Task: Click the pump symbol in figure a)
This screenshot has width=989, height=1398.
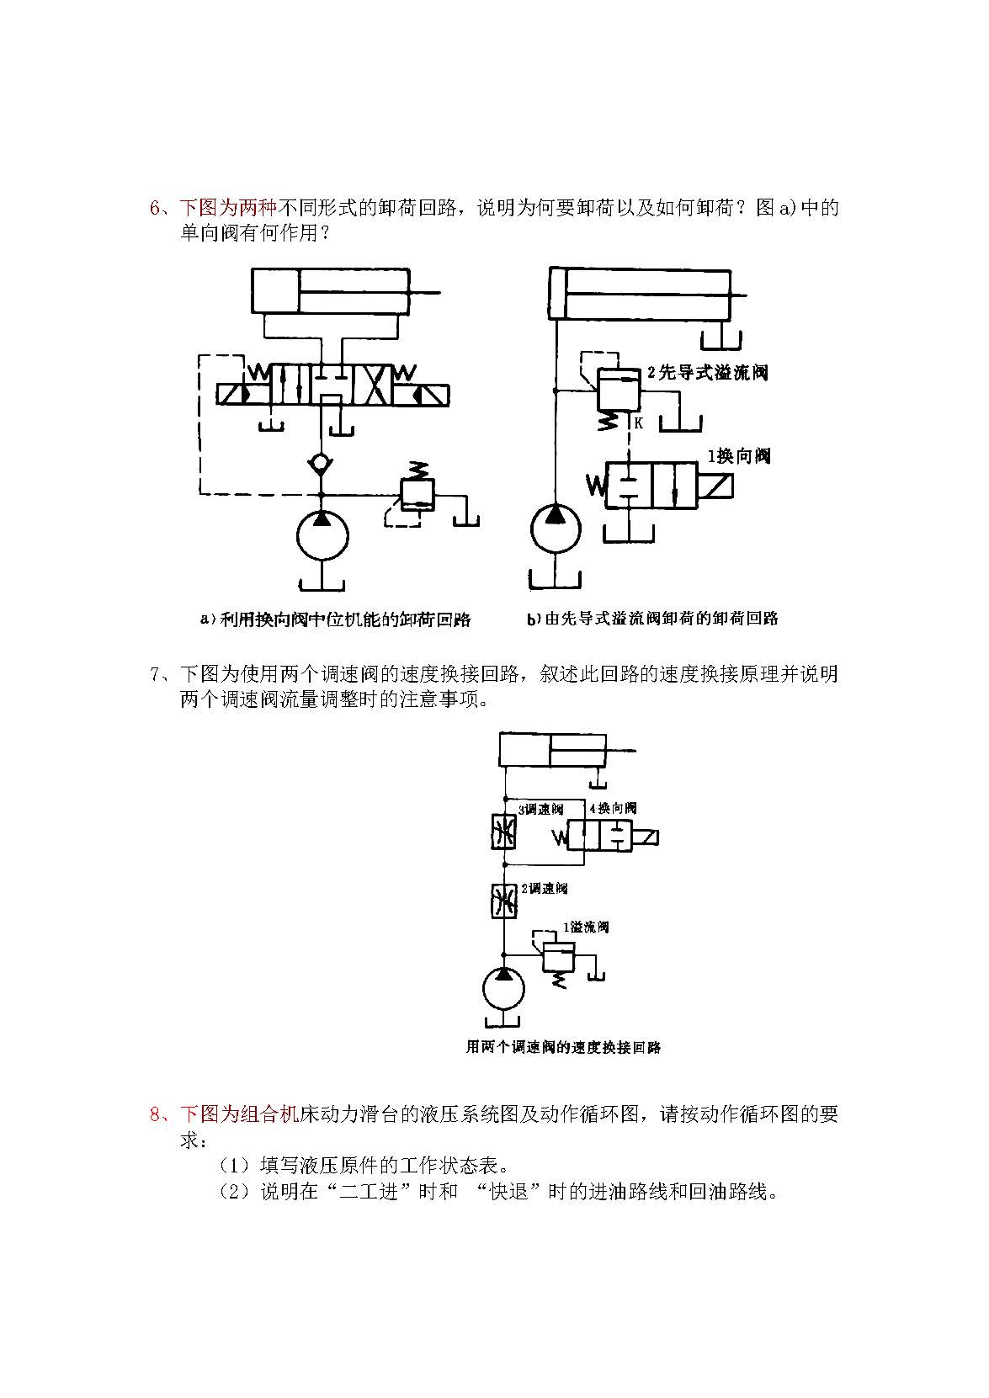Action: (322, 536)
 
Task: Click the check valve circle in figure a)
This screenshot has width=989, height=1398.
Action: (322, 463)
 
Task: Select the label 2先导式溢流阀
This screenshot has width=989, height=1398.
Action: (707, 372)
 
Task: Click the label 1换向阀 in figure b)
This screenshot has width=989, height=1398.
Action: (738, 456)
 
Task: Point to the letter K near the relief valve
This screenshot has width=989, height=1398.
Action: (638, 423)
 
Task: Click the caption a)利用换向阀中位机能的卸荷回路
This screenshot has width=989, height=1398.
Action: (335, 619)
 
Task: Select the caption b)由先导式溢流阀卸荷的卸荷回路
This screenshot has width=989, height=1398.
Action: (652, 619)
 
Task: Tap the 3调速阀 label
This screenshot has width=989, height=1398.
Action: (540, 809)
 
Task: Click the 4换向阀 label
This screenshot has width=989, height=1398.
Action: (613, 808)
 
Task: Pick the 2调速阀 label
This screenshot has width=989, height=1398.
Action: (544, 888)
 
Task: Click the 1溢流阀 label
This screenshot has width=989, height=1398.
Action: (586, 927)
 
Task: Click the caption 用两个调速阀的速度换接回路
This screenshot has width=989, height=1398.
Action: (563, 1047)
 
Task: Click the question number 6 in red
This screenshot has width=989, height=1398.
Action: (155, 208)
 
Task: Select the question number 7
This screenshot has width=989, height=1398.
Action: (155, 674)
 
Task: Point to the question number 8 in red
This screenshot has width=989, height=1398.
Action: (155, 1115)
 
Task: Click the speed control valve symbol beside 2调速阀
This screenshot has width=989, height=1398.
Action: (504, 901)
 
